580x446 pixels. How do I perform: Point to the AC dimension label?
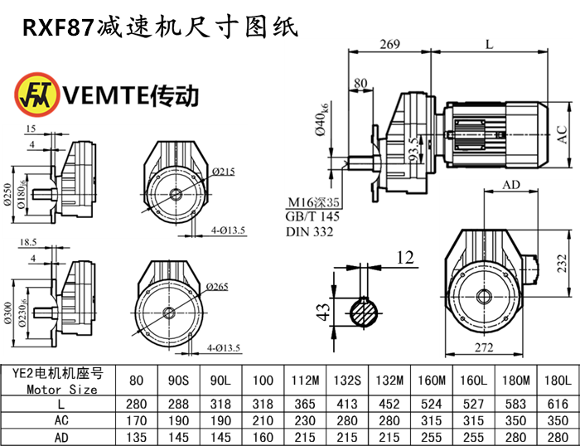point(563,136)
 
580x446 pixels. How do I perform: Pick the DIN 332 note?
point(309,232)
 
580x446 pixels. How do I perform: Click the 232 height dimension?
point(563,263)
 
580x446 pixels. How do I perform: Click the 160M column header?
point(429,381)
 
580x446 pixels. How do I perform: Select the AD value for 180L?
point(558,436)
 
